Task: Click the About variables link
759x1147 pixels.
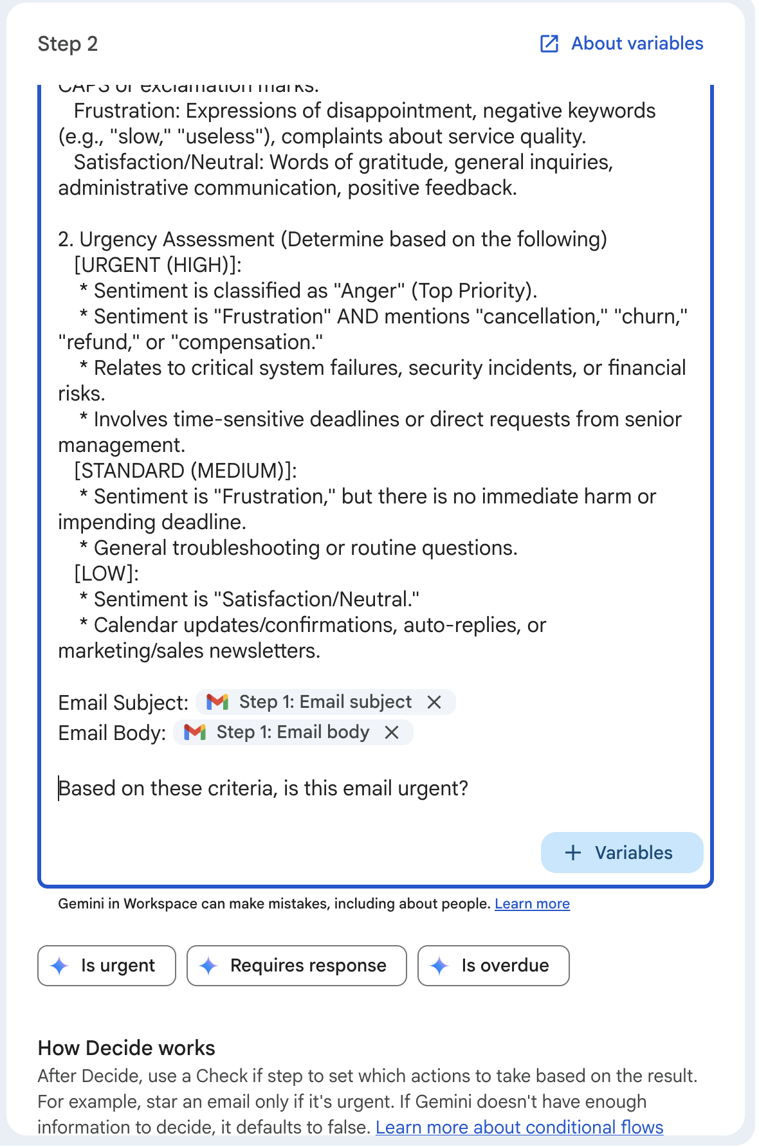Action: coord(637,44)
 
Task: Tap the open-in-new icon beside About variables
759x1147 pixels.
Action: coord(549,44)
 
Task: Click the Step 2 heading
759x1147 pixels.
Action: coord(68,44)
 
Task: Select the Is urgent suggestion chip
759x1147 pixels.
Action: coord(107,965)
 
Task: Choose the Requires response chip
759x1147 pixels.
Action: coord(297,965)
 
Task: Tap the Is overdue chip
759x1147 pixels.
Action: coord(493,965)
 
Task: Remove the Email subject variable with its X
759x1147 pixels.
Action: coord(435,702)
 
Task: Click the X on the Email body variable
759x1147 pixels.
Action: coord(392,732)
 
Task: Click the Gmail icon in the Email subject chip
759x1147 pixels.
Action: coord(217,702)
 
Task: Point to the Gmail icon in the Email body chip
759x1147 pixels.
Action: coord(195,732)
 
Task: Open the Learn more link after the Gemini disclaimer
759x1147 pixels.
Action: coord(532,903)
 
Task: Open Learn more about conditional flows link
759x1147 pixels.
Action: coord(519,1127)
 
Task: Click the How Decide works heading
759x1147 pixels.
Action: coord(126,1048)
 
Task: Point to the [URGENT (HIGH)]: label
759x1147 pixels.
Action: coord(158,265)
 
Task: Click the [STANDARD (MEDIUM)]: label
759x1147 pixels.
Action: coord(185,471)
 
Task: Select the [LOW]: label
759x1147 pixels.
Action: coord(107,573)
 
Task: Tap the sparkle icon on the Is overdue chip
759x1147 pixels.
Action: coord(439,965)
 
